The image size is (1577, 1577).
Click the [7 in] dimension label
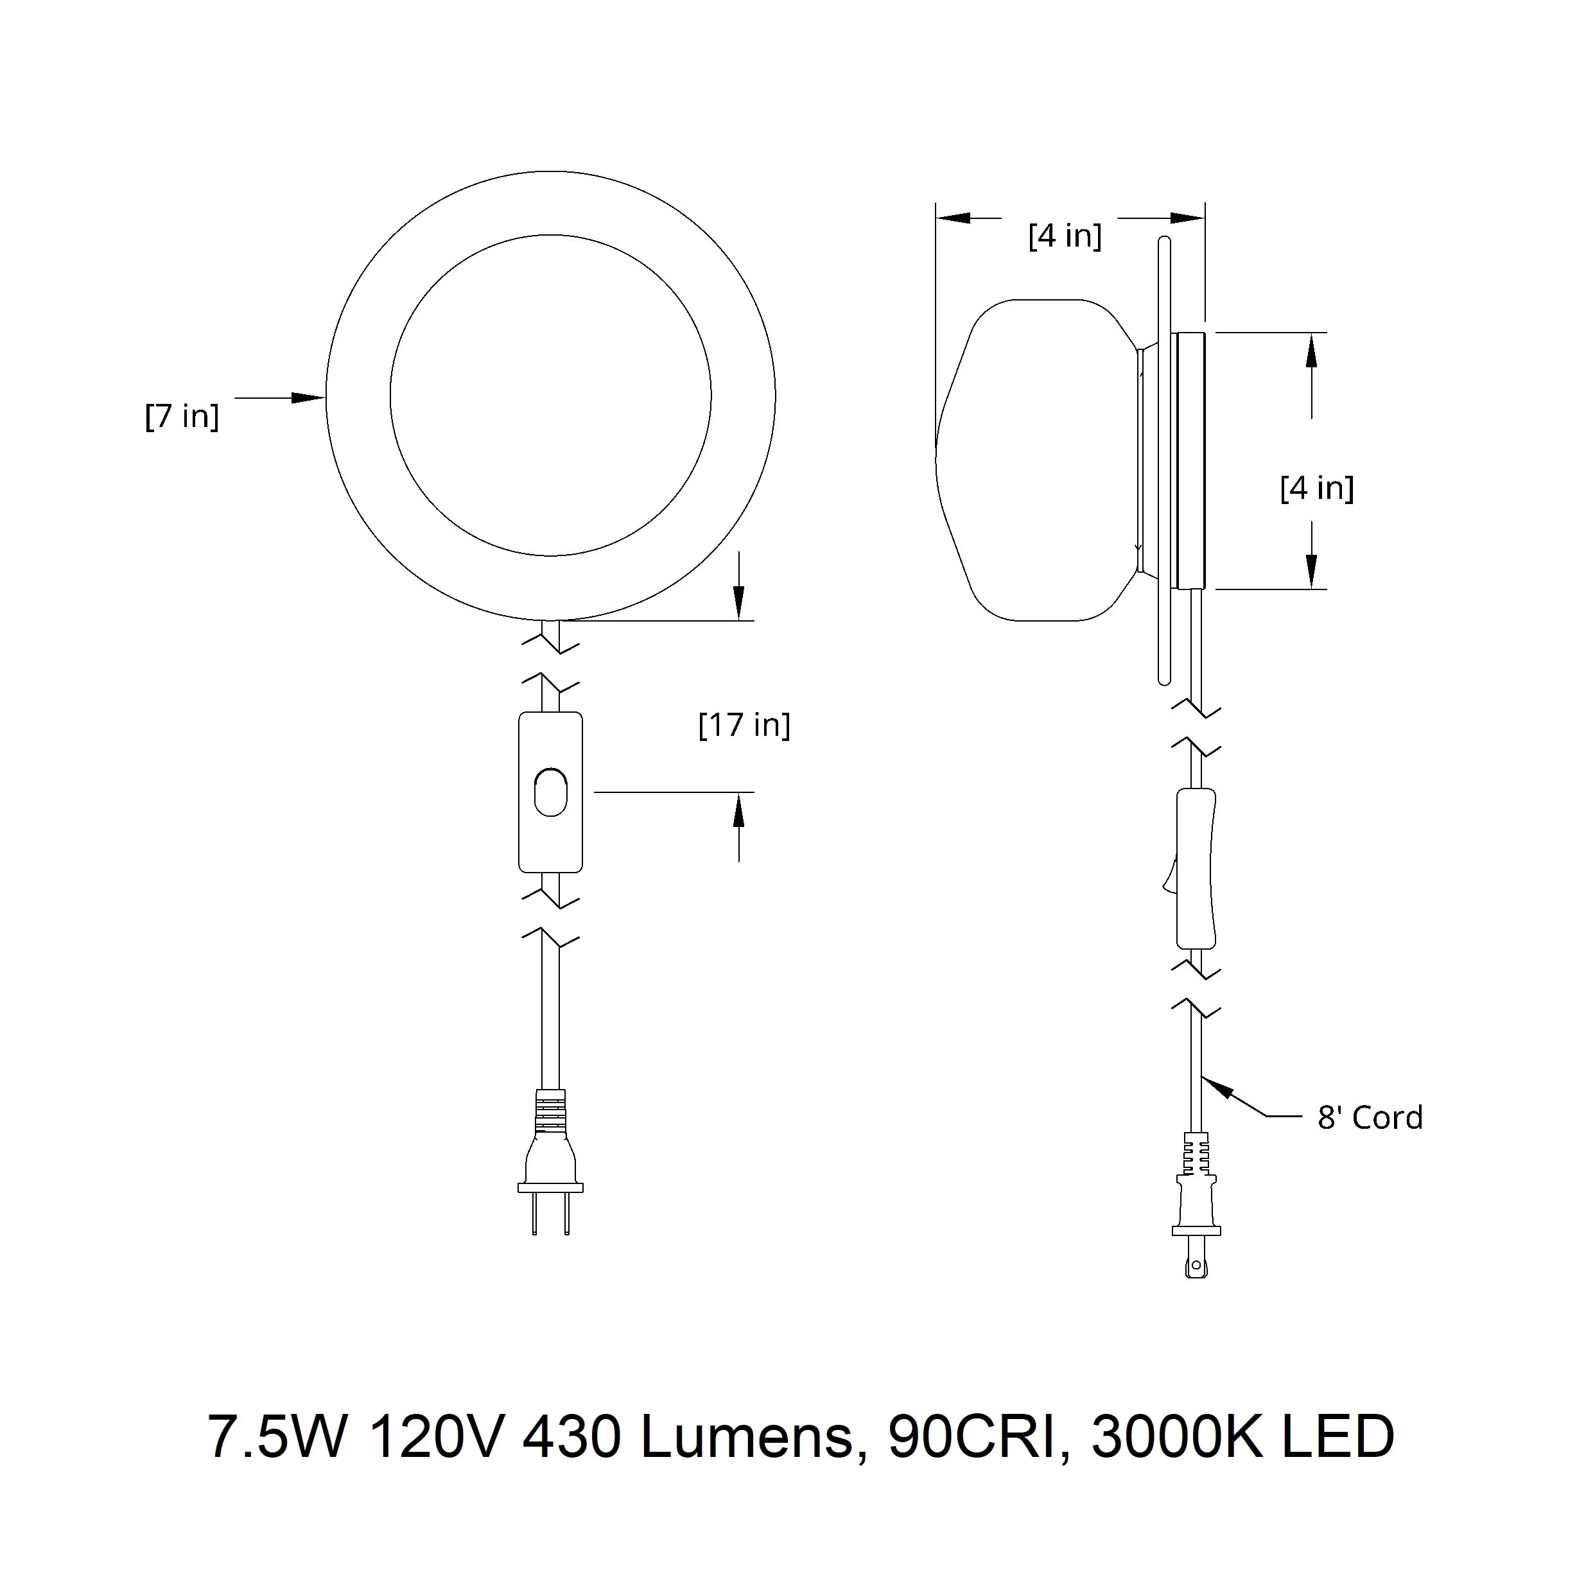coord(182,416)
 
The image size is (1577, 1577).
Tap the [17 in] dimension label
coord(744,725)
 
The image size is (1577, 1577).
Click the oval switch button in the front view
coord(551,792)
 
